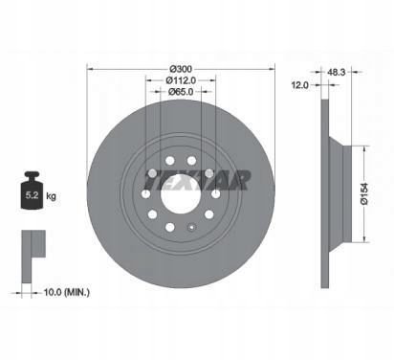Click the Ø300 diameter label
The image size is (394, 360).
[x=181, y=69]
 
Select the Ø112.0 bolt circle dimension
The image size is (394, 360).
[x=181, y=80]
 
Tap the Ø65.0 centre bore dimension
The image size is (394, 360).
[x=181, y=92]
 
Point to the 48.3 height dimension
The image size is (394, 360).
[x=337, y=72]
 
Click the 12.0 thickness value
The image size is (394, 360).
[x=300, y=85]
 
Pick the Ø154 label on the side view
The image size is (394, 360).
[x=364, y=193]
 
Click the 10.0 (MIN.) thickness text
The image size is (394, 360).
[x=67, y=292]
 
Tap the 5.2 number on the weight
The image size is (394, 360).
[x=32, y=195]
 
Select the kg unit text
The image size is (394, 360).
[x=51, y=195]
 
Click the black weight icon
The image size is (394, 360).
[x=32, y=191]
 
